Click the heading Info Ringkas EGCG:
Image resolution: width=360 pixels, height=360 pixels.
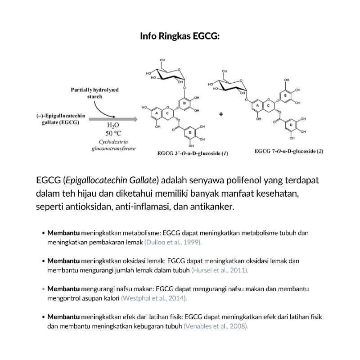pyautogui.click(x=180, y=36)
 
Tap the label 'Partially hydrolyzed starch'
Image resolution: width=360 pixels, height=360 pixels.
pyautogui.click(x=95, y=93)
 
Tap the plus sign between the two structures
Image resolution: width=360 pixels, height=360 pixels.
pyautogui.click(x=221, y=114)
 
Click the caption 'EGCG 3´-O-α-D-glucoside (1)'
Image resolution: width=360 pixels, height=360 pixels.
pyautogui.click(x=193, y=153)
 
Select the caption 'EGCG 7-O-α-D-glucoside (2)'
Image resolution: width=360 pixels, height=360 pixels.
pyautogui.click(x=288, y=151)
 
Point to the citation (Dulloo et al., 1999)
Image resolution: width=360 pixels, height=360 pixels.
pyautogui.click(x=173, y=242)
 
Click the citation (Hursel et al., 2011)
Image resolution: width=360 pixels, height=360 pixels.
pyautogui.click(x=220, y=270)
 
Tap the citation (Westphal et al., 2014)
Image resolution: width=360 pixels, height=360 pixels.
pyautogui.click(x=154, y=298)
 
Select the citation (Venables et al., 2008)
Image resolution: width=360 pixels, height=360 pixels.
pyautogui.click(x=216, y=326)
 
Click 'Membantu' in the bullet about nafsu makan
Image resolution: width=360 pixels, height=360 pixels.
pyautogui.click(x=63, y=288)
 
